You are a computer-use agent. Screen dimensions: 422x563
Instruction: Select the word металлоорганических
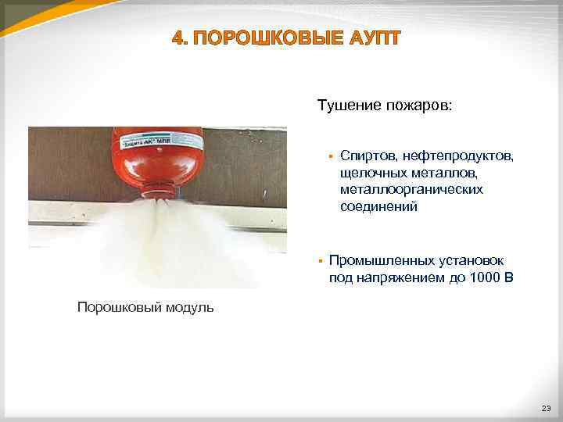point(411,190)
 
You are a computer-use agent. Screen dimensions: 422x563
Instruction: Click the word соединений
point(378,207)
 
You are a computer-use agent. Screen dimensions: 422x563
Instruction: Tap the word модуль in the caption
point(188,307)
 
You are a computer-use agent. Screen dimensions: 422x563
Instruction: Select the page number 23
point(545,409)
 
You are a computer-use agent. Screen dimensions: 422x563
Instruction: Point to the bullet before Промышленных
point(321,260)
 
